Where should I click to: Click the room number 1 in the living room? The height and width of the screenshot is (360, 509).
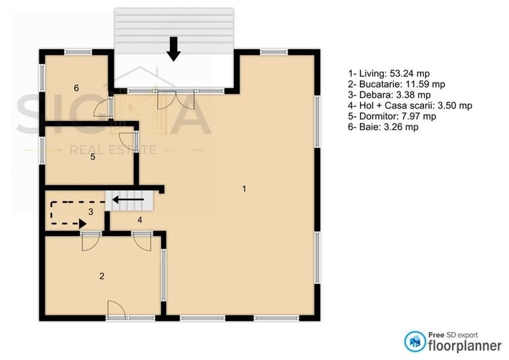click(x=244, y=189)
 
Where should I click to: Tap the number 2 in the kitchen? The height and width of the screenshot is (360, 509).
click(x=102, y=276)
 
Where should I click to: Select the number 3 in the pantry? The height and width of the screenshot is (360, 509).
click(x=91, y=212)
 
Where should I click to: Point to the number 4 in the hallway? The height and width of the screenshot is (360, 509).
click(x=139, y=220)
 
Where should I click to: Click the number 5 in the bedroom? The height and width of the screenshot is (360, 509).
click(x=93, y=157)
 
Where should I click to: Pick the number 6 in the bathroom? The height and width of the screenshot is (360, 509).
click(x=76, y=88)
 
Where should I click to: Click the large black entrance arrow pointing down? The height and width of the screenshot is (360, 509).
click(x=174, y=49)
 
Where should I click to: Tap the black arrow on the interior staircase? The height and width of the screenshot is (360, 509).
click(x=128, y=200)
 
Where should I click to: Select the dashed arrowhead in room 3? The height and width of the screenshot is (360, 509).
click(x=82, y=223)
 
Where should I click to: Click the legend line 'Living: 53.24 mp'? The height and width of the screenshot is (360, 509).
click(x=389, y=74)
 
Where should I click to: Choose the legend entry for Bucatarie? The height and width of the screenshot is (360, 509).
click(x=396, y=84)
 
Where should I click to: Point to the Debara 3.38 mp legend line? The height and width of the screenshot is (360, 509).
click(x=389, y=95)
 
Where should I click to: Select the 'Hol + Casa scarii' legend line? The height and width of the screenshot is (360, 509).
click(x=410, y=106)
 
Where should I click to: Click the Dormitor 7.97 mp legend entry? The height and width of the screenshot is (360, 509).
click(x=392, y=116)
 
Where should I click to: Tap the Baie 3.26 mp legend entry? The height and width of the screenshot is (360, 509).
click(x=383, y=127)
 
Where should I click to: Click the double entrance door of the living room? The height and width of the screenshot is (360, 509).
click(x=176, y=99)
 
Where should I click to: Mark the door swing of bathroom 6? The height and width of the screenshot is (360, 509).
click(x=102, y=107)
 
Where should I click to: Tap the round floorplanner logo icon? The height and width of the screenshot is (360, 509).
click(x=414, y=341)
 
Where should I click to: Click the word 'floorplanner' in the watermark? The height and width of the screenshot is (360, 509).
click(x=465, y=345)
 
